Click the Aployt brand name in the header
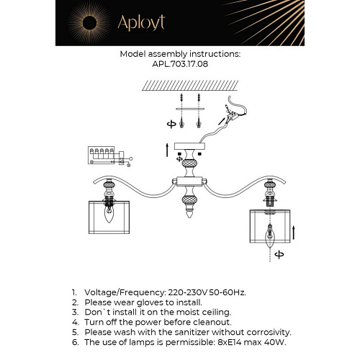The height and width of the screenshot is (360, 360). [x=139, y=23]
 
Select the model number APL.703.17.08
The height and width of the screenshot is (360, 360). [x=179, y=63]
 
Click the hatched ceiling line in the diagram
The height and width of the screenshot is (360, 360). [x=179, y=84]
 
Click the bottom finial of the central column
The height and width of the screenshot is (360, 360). [x=189, y=215]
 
